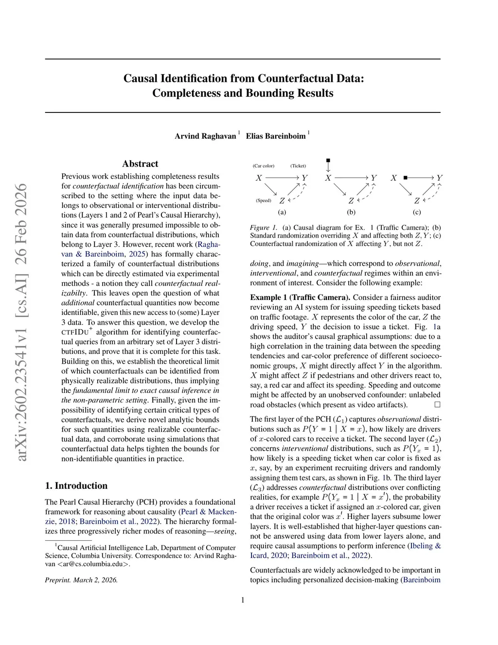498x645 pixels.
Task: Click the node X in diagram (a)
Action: [x=259, y=178]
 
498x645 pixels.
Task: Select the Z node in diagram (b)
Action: [x=351, y=201]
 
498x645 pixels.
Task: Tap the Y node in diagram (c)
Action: [x=439, y=178]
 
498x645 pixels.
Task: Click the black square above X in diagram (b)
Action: [x=328, y=160]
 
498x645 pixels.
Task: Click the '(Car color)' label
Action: [x=264, y=166]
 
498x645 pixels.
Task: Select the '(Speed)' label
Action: [x=264, y=201]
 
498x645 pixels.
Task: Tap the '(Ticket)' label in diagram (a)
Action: [x=298, y=166]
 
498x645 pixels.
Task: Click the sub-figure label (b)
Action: [x=351, y=212]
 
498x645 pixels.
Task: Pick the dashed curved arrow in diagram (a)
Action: [x=299, y=194]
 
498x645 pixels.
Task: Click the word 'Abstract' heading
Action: [x=140, y=164]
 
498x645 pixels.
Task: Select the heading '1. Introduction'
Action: [x=76, y=485]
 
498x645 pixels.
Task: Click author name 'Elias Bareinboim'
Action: [x=276, y=136]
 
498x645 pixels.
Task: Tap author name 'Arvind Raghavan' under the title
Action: [x=205, y=136]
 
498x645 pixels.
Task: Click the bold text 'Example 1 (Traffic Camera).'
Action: [x=300, y=297]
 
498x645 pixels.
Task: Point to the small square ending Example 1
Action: [x=437, y=405]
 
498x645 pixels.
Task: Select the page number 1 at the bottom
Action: [x=243, y=600]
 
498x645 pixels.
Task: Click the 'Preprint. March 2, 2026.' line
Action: [x=81, y=580]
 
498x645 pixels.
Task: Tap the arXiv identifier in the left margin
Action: [x=21, y=321]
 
